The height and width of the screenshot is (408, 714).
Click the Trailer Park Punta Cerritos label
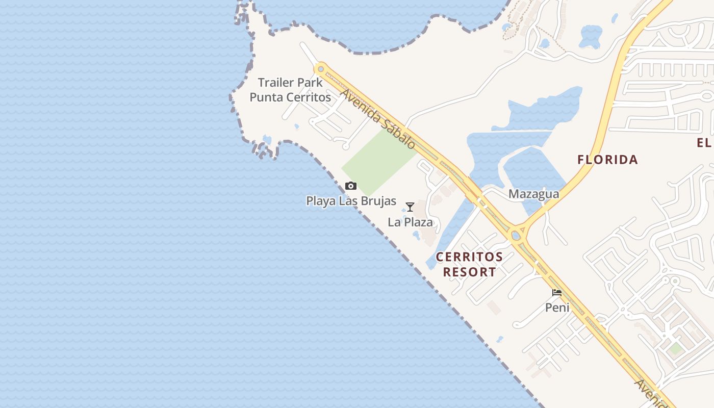tap(290, 90)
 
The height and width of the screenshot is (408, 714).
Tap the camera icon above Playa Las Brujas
tap(351, 186)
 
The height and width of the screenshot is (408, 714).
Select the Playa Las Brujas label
tap(351, 201)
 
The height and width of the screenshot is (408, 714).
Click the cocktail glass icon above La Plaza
tap(410, 207)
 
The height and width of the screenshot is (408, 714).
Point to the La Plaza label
tap(410, 222)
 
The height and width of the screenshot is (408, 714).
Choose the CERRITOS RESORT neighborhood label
tap(469, 264)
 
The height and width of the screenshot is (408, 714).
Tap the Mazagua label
tap(533, 194)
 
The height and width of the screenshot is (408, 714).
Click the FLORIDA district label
tap(607, 160)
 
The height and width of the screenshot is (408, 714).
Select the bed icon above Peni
tap(557, 293)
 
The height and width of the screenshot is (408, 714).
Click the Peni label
tap(557, 308)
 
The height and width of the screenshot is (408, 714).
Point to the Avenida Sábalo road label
tap(378, 119)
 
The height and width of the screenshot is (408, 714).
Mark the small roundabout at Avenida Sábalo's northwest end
tap(321, 69)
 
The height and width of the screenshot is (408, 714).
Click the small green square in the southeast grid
tap(676, 349)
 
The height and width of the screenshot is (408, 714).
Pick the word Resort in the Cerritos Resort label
tap(469, 272)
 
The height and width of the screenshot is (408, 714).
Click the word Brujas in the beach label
tap(377, 201)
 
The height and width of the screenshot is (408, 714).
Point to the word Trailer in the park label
tap(276, 83)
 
